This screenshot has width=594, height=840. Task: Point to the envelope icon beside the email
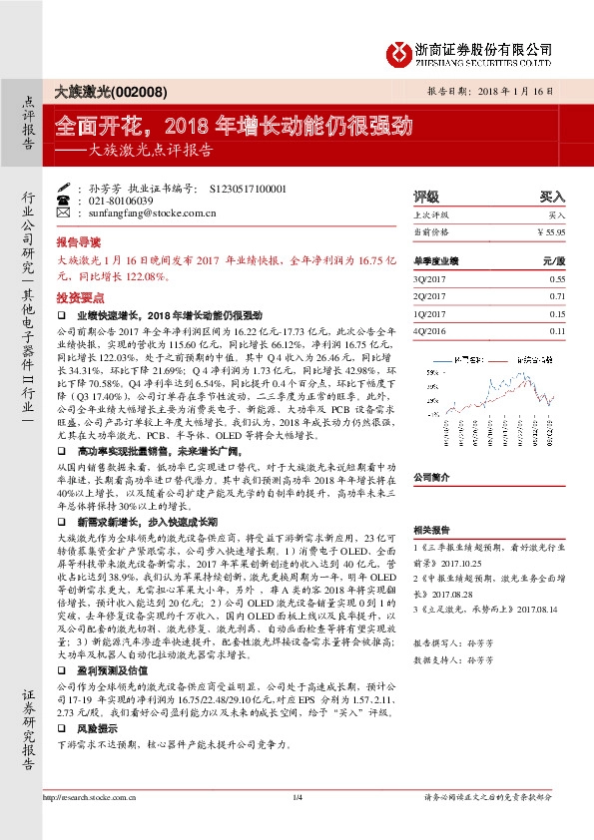click(64, 212)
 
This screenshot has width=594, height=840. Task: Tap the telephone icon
click(64, 201)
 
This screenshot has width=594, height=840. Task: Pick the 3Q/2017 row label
click(426, 281)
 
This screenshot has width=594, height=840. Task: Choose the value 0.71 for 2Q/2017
click(557, 296)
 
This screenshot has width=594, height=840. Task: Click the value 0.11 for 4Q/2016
click(557, 330)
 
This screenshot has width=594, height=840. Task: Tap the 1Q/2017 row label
click(426, 313)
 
